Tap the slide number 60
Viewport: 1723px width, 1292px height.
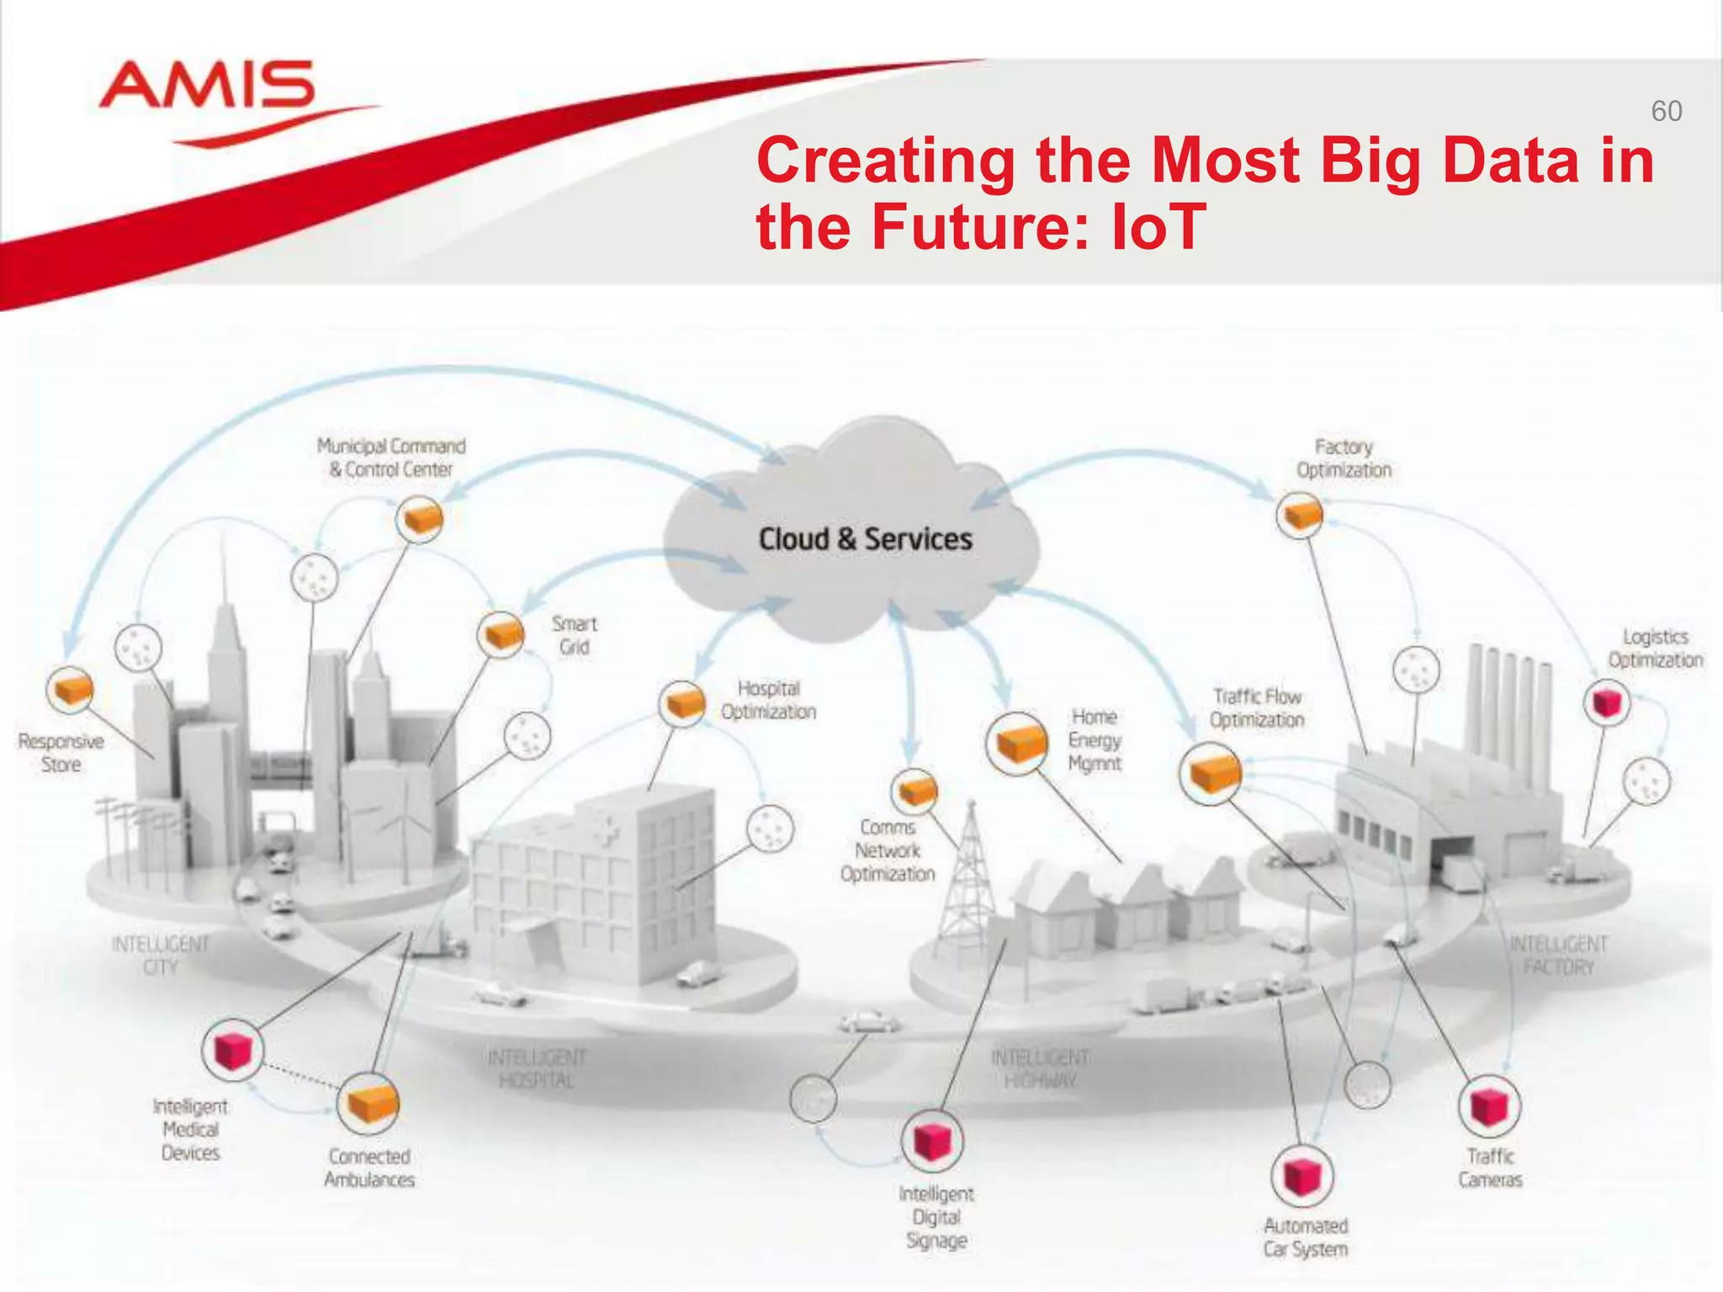1666,111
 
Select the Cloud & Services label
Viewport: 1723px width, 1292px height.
865,539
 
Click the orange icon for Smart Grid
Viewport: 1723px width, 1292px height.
501,634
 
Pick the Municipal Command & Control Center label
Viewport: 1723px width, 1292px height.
391,458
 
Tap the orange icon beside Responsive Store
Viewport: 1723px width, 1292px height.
70,691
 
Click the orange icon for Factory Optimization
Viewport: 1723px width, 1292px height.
1299,515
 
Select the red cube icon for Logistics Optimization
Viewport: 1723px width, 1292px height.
1606,702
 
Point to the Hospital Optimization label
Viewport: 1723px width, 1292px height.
768,700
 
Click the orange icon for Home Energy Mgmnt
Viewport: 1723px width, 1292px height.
1018,743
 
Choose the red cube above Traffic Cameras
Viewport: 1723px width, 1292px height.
1489,1106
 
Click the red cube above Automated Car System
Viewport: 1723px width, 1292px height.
1302,1176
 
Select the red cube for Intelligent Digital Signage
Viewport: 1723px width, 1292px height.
932,1141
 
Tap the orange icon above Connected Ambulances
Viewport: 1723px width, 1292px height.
368,1104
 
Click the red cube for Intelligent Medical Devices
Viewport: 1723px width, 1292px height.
233,1050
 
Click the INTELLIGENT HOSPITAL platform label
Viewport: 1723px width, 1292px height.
537,1068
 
